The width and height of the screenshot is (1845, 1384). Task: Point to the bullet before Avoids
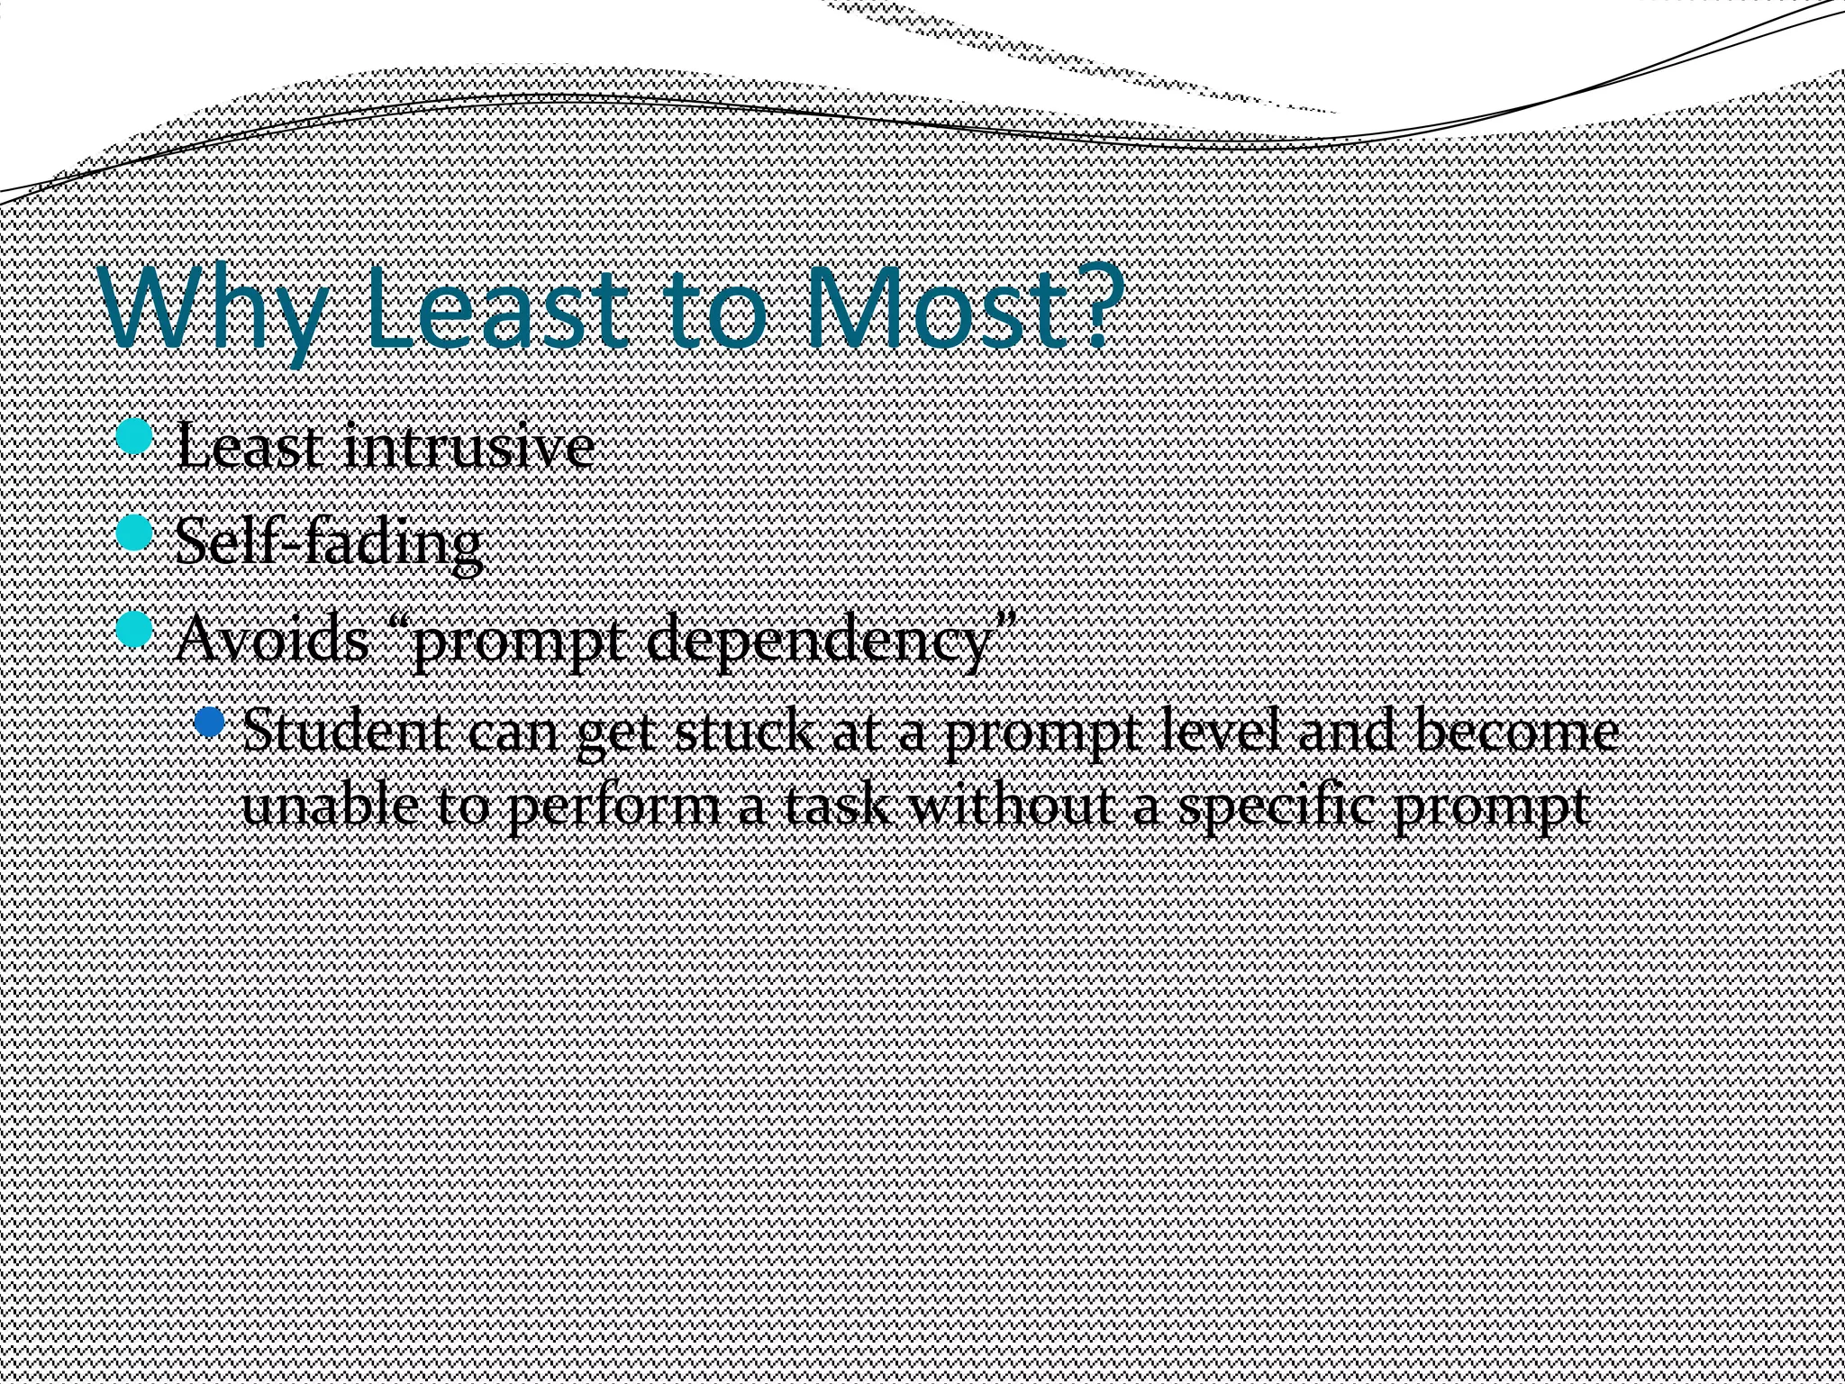click(136, 629)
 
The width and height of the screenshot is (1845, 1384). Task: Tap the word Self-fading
click(328, 542)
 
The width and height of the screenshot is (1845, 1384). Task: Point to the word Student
click(343, 732)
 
